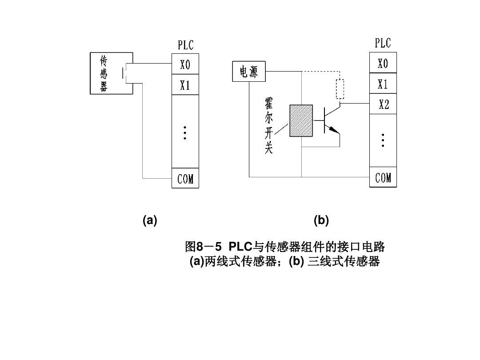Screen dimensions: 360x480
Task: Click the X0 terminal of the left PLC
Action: point(185,65)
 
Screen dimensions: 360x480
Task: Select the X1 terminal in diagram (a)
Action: point(185,85)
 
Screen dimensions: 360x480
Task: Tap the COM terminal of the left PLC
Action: point(185,179)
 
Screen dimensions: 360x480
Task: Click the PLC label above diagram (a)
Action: point(186,45)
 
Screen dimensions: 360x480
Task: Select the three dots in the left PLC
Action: point(185,133)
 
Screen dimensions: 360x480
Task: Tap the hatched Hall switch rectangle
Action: point(301,120)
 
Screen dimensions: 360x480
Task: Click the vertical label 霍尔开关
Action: point(268,126)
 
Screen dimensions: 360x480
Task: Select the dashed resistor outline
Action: point(340,89)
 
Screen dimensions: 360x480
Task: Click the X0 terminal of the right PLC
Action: point(383,64)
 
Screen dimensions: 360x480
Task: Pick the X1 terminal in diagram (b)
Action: point(383,84)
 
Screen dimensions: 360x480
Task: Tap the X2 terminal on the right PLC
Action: point(383,105)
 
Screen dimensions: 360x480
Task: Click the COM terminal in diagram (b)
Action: point(383,178)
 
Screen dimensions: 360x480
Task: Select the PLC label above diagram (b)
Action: point(383,43)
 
